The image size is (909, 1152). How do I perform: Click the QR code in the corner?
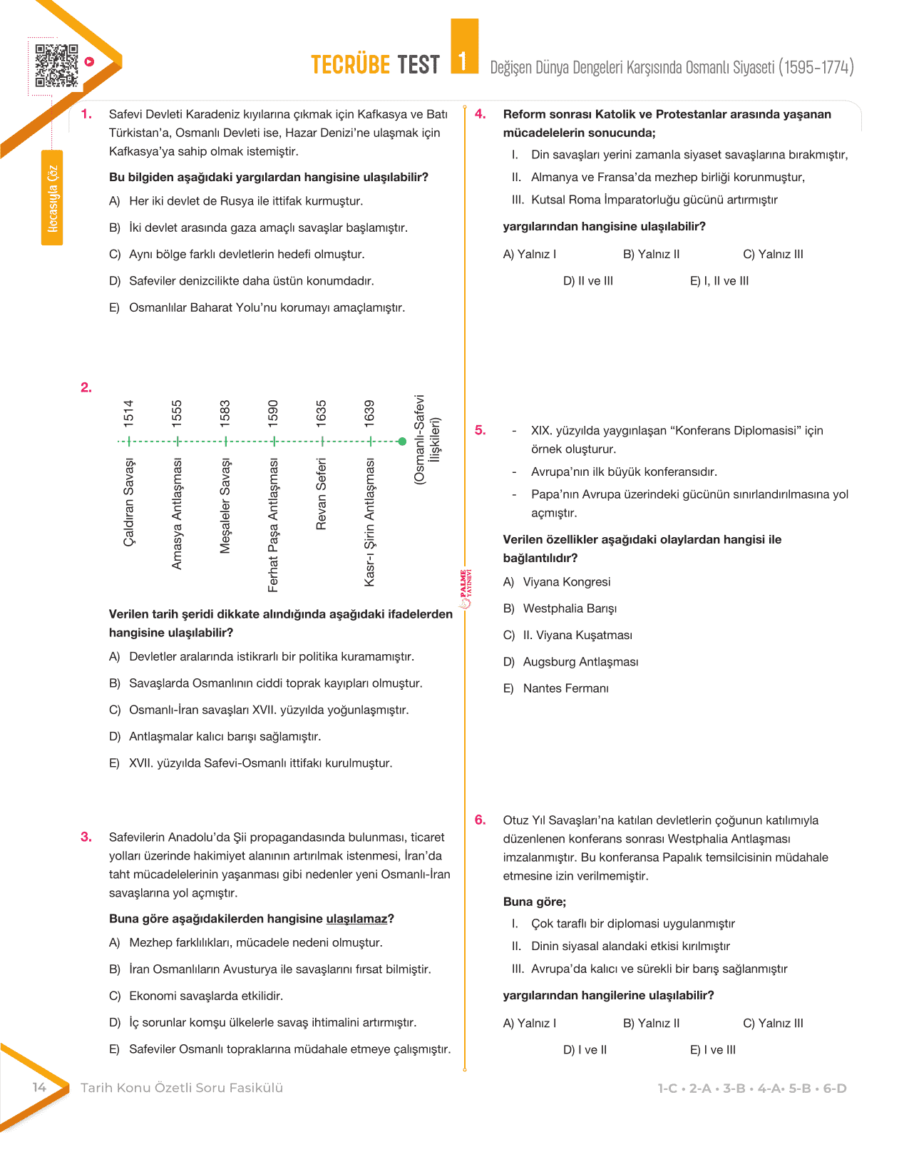click(x=56, y=66)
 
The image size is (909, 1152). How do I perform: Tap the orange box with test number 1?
click(x=464, y=48)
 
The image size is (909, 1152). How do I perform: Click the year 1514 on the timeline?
click(x=128, y=414)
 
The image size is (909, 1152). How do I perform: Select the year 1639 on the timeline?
click(x=369, y=414)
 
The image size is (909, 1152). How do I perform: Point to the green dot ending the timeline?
click(x=403, y=442)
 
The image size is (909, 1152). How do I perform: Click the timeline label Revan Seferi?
click(x=322, y=494)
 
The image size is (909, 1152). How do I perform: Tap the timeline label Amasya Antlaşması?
click(x=178, y=514)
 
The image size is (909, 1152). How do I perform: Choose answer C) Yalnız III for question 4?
click(x=773, y=255)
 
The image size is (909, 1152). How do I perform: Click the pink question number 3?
click(x=86, y=837)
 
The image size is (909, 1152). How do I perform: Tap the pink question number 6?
click(x=481, y=820)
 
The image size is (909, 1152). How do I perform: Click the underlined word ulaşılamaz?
click(x=356, y=919)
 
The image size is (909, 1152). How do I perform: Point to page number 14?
click(x=39, y=1087)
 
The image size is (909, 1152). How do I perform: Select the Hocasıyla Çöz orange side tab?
click(x=52, y=198)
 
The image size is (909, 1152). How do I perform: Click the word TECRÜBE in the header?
click(x=351, y=65)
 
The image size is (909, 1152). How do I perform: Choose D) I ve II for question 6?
click(x=585, y=1050)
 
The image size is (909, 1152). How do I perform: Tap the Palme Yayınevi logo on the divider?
click(x=465, y=588)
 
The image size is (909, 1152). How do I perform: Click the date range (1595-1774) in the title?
click(x=816, y=67)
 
